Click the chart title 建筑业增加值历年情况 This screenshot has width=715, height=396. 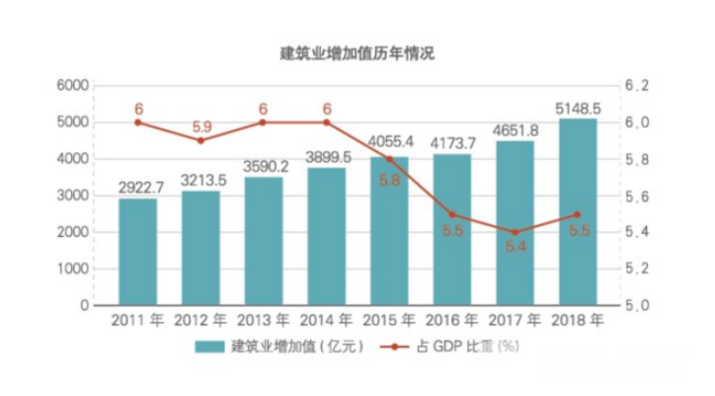click(x=357, y=53)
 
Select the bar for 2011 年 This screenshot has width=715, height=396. click(x=138, y=252)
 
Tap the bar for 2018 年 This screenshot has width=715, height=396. click(x=577, y=211)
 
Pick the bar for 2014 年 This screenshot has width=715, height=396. click(x=326, y=236)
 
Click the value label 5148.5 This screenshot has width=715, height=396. click(x=577, y=106)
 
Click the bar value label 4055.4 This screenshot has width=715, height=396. click(x=389, y=141)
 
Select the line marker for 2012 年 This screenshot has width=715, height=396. click(x=200, y=140)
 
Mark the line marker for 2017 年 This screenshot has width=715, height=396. click(x=515, y=233)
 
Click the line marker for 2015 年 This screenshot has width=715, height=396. click(x=389, y=159)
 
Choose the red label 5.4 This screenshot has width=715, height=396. click(x=515, y=249)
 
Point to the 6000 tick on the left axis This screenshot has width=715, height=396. click(x=74, y=86)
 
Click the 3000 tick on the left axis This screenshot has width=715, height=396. click(x=74, y=196)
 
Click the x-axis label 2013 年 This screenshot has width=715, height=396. click(x=264, y=322)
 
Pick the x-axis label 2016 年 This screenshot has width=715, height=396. click(x=452, y=322)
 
